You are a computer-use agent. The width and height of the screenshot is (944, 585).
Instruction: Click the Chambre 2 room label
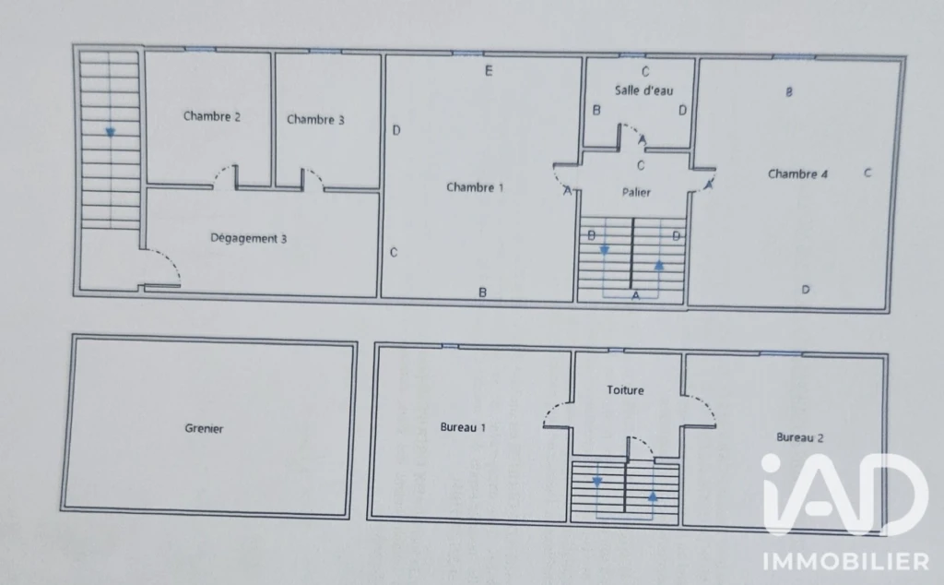pyautogui.click(x=211, y=116)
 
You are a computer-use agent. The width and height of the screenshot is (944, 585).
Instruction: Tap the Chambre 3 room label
pyautogui.click(x=315, y=119)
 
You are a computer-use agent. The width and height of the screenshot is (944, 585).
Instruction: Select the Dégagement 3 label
pyautogui.click(x=248, y=239)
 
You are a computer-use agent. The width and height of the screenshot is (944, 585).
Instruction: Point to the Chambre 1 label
pyautogui.click(x=475, y=187)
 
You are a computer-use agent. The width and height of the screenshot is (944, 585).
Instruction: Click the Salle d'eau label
pyautogui.click(x=643, y=90)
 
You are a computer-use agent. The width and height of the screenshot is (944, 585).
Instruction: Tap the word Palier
pyautogui.click(x=636, y=192)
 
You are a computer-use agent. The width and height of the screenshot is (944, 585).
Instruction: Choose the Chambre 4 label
pyautogui.click(x=797, y=174)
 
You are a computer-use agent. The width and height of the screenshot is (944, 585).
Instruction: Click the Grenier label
pyautogui.click(x=204, y=428)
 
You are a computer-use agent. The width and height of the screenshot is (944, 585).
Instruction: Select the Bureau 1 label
pyautogui.click(x=463, y=427)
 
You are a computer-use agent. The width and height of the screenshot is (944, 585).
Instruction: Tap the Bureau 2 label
pyautogui.click(x=799, y=437)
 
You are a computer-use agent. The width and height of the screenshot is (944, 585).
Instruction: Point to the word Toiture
pyautogui.click(x=625, y=390)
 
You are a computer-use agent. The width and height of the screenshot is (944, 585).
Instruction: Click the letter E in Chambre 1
pyautogui.click(x=489, y=71)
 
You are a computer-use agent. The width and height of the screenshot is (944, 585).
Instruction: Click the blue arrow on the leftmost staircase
pyautogui.click(x=111, y=133)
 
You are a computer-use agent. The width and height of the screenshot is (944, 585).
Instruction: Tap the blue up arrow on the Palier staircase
pyautogui.click(x=659, y=265)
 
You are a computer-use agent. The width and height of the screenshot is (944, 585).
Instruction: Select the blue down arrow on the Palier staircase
pyautogui.click(x=605, y=250)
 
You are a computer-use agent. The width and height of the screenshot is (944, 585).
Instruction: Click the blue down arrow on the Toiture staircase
pyautogui.click(x=597, y=482)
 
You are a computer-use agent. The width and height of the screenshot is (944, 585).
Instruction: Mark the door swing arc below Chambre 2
pyautogui.click(x=221, y=172)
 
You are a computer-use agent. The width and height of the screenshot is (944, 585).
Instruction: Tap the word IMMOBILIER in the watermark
pyautogui.click(x=846, y=562)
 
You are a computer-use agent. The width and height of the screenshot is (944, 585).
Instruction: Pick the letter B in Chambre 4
pyautogui.click(x=789, y=92)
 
